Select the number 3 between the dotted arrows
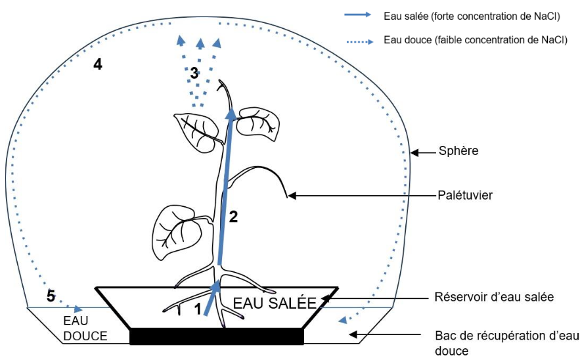tap(194, 74)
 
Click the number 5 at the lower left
tap(51, 296)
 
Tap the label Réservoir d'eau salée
tap(495, 297)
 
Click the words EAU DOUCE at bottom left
tap(85, 328)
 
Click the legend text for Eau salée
tap(472, 16)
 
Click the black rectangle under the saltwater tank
tap(217, 336)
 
